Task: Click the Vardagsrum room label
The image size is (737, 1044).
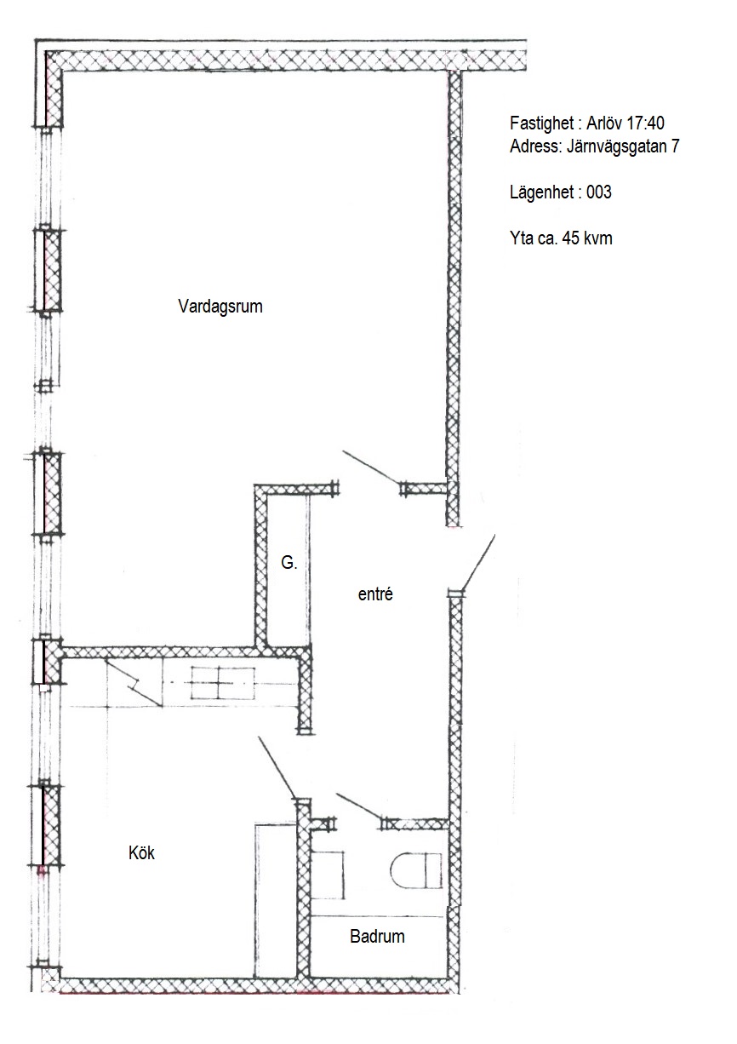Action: [x=220, y=307]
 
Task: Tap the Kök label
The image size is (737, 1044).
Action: [x=141, y=853]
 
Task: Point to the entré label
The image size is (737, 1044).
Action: [x=375, y=594]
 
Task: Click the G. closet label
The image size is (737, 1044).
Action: [x=289, y=563]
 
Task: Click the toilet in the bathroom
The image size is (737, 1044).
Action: [x=415, y=870]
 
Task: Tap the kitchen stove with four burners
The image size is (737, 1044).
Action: [x=223, y=683]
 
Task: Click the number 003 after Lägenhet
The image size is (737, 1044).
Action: [x=598, y=192]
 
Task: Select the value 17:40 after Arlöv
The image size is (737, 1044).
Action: [x=646, y=123]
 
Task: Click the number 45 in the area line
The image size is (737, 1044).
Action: [x=572, y=238]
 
